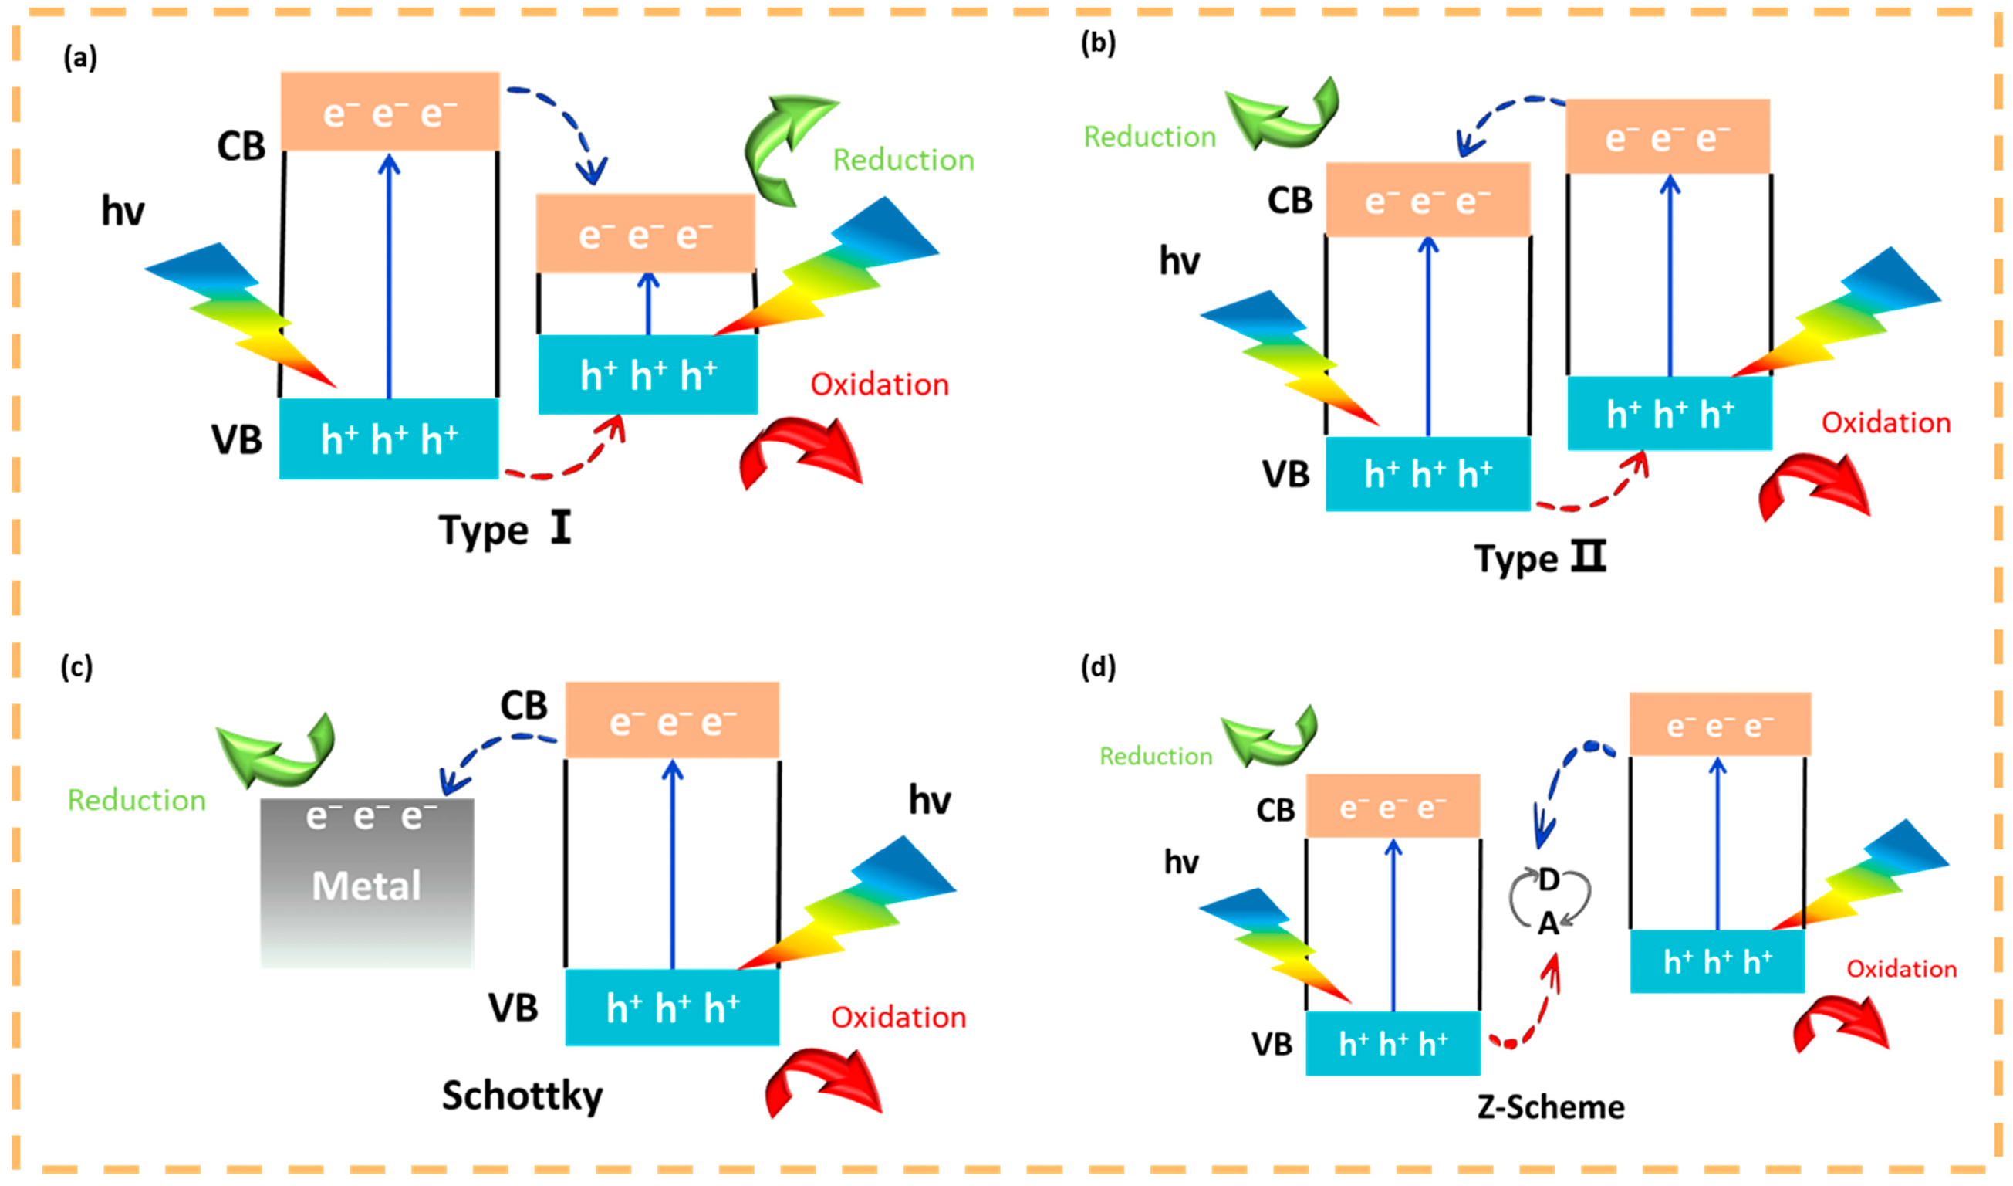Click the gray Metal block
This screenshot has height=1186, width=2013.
point(366,883)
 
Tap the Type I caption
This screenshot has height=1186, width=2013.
point(505,530)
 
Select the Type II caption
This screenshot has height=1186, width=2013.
point(1539,557)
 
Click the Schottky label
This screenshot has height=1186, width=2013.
point(522,1095)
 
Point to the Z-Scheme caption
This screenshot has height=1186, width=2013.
point(1551,1107)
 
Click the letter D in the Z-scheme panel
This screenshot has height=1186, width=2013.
point(1549,880)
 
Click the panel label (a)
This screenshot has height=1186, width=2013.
point(80,58)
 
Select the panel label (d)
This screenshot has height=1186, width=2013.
point(1098,666)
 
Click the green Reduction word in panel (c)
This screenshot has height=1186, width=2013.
point(137,800)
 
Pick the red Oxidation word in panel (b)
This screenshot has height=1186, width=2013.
point(1885,423)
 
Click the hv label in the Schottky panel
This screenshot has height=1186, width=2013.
point(930,800)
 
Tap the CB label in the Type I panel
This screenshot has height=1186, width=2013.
point(241,147)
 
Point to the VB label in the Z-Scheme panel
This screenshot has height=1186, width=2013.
point(1272,1044)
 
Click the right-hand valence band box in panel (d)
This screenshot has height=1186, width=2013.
point(1717,961)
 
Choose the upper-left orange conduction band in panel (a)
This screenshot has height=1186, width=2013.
point(390,111)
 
